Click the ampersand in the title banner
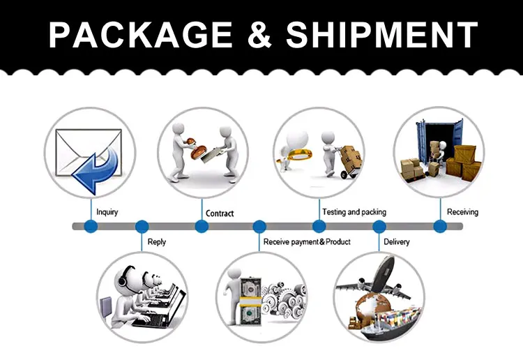[x=257, y=35]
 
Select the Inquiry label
[x=107, y=211]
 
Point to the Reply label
[x=157, y=242]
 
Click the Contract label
[x=220, y=213]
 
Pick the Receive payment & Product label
[x=307, y=242]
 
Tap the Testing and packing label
[x=354, y=211]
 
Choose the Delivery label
[x=397, y=242]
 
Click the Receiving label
[x=462, y=211]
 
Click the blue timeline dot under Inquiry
[x=90, y=226]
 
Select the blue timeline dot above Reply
[x=142, y=226]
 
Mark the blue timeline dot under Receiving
[x=440, y=226]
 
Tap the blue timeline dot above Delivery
[x=379, y=226]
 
